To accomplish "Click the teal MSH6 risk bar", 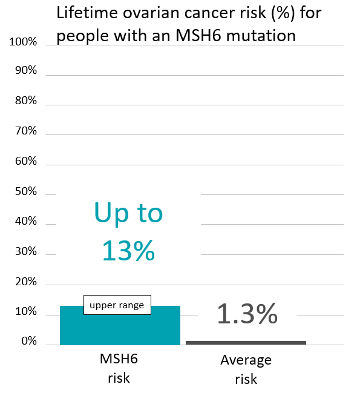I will (x=120, y=328).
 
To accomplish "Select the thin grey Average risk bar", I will (x=246, y=343).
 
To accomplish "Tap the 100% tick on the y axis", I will (x=24, y=43).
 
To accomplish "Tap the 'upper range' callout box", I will (x=117, y=305).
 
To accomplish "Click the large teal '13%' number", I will (x=128, y=250).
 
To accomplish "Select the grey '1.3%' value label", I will (x=247, y=314).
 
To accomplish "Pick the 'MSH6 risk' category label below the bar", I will (x=119, y=369).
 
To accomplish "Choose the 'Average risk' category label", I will (x=246, y=370).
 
